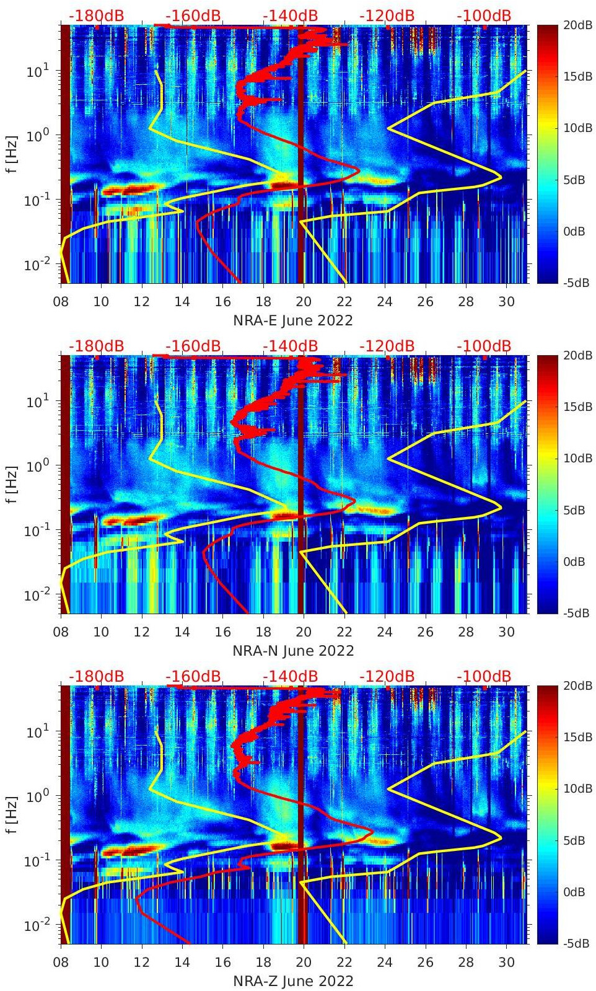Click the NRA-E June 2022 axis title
(293, 320)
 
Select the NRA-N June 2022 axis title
(293, 651)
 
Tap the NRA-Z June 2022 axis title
(293, 981)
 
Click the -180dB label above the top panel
(96, 15)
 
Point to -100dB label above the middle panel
(484, 346)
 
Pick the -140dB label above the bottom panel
(290, 676)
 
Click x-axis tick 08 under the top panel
(61, 302)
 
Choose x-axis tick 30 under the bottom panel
(507, 962)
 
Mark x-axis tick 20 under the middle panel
(304, 632)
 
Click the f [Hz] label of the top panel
(12, 154)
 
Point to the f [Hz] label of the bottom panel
(12, 815)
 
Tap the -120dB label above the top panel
(387, 15)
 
